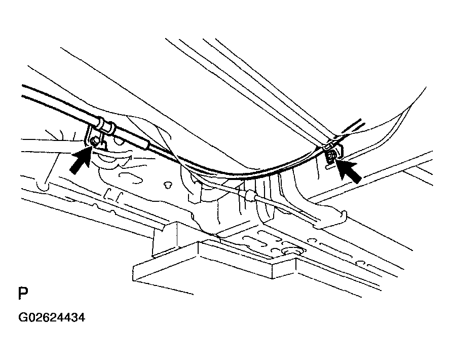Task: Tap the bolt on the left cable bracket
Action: pos(93,141)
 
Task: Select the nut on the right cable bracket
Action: pos(331,156)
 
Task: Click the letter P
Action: pos(23,294)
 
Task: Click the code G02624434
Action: pos(52,317)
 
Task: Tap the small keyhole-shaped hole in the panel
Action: pos(166,185)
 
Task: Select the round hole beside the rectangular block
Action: pos(292,251)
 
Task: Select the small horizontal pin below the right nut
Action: pos(329,167)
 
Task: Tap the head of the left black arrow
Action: pos(87,152)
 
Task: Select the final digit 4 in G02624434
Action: pos(82,317)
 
